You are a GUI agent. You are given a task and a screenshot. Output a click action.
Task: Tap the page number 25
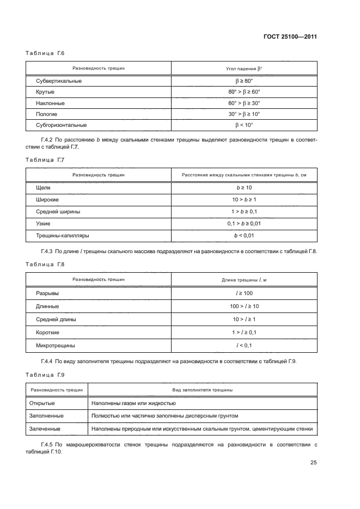click(313, 463)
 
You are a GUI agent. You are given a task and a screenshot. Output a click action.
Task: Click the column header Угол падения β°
click(245, 69)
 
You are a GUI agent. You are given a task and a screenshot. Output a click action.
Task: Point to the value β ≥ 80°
click(245, 81)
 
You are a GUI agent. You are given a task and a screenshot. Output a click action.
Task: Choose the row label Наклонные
click(51, 103)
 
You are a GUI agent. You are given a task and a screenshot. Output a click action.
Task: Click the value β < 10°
click(245, 125)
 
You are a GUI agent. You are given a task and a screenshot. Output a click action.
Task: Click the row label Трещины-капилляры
click(62, 236)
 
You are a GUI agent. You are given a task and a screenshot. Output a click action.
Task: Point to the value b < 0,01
click(245, 236)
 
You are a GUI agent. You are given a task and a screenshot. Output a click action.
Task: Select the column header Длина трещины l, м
click(245, 279)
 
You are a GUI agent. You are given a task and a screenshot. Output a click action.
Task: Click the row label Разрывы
click(47, 293)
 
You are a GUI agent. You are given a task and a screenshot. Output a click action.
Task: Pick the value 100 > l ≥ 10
click(245, 306)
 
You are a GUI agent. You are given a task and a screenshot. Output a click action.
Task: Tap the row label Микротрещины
click(56, 345)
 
